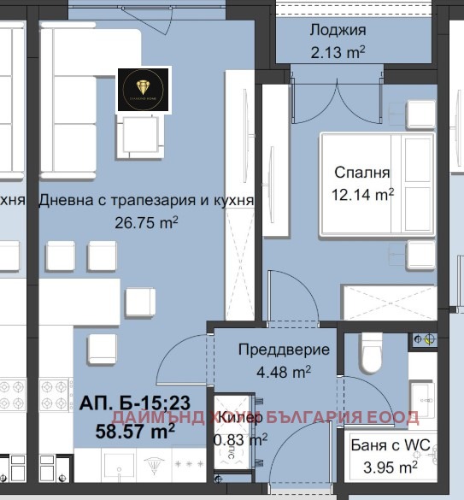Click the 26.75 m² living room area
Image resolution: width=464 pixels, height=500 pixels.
click(146, 222)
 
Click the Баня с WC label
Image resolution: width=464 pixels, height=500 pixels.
click(385, 445)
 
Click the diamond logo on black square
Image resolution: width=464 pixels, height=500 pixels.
click(143, 89)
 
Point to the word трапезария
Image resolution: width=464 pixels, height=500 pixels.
click(137, 202)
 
